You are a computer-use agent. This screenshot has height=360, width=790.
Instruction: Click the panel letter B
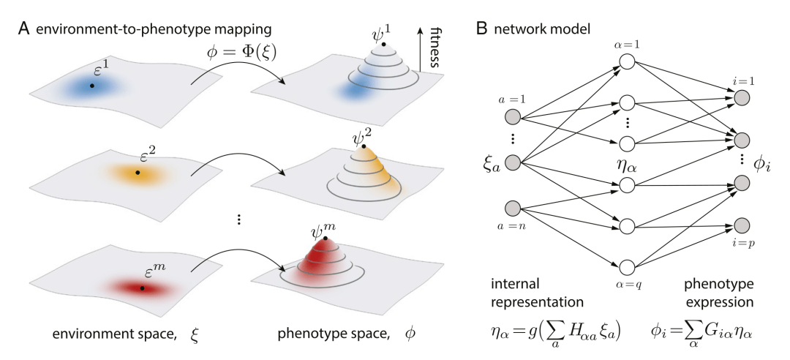481,31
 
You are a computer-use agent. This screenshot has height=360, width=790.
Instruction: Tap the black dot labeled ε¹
91,86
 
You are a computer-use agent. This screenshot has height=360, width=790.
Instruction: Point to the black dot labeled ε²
138,173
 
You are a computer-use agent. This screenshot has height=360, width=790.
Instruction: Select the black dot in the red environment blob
142,288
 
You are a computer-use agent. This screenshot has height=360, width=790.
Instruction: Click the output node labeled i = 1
742,97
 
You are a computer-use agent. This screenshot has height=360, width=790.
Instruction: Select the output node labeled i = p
742,225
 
